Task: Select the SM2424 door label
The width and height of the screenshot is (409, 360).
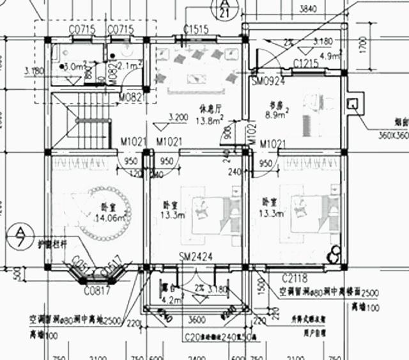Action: tap(196, 257)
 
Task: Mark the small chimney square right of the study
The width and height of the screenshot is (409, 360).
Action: tap(351, 104)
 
